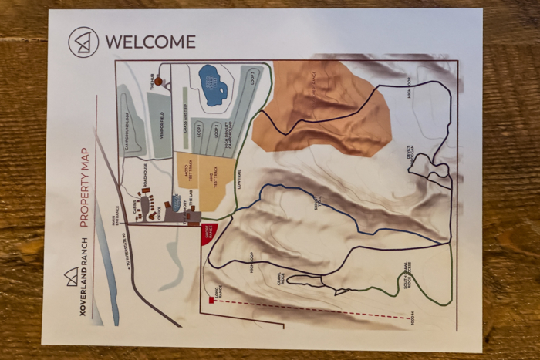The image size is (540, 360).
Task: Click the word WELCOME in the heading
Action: point(150,42)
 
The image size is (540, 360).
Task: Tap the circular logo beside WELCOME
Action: point(83,42)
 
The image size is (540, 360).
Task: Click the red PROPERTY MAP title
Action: point(85,187)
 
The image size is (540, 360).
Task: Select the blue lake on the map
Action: point(212,85)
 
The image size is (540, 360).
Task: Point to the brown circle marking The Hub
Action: point(158,80)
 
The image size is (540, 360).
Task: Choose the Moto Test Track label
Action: point(186,170)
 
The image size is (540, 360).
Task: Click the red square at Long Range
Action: point(211,300)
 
